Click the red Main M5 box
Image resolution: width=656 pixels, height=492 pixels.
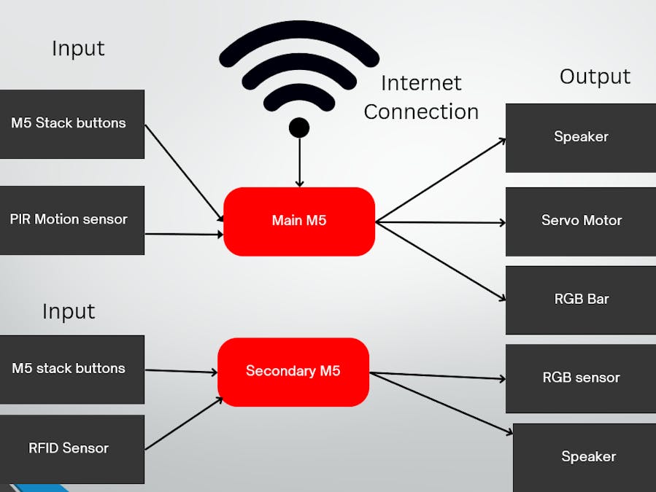point(299,221)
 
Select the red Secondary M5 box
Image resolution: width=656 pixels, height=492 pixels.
point(293,372)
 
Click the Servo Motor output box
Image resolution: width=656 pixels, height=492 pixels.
point(581,221)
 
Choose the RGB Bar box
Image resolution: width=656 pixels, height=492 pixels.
point(581,300)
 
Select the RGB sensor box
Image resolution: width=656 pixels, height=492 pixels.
point(581,378)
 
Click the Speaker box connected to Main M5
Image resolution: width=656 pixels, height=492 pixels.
point(581,138)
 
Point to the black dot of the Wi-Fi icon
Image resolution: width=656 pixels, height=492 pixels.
point(299,128)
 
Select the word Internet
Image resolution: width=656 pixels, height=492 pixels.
point(421,83)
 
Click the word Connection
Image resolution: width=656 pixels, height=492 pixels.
point(421,112)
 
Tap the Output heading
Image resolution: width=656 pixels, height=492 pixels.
point(595,77)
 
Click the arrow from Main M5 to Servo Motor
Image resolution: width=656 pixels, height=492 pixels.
point(441,222)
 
